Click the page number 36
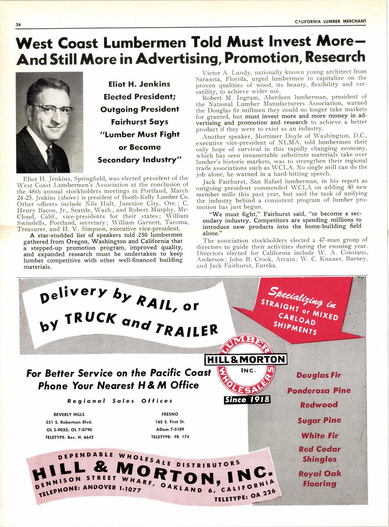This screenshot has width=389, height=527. coord(18,25)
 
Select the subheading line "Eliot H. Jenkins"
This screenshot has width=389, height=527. coord(139,84)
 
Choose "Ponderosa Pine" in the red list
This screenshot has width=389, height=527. coord(319,391)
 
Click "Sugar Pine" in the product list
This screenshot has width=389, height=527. coord(319,420)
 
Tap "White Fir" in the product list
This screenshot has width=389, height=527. coord(319,435)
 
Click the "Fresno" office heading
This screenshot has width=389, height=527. coord(169,414)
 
